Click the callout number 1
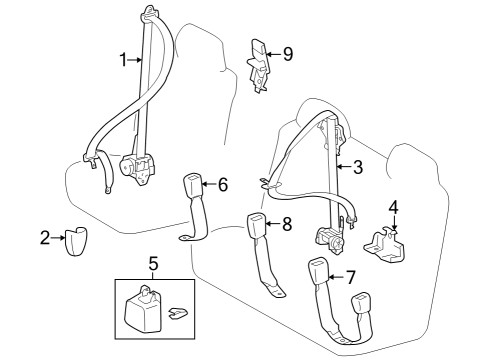point(124,60)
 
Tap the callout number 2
point(45,237)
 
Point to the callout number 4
point(393,208)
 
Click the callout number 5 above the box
point(152,264)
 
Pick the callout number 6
point(222,184)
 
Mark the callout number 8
point(286,225)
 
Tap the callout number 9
point(287,54)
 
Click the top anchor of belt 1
point(150,14)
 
